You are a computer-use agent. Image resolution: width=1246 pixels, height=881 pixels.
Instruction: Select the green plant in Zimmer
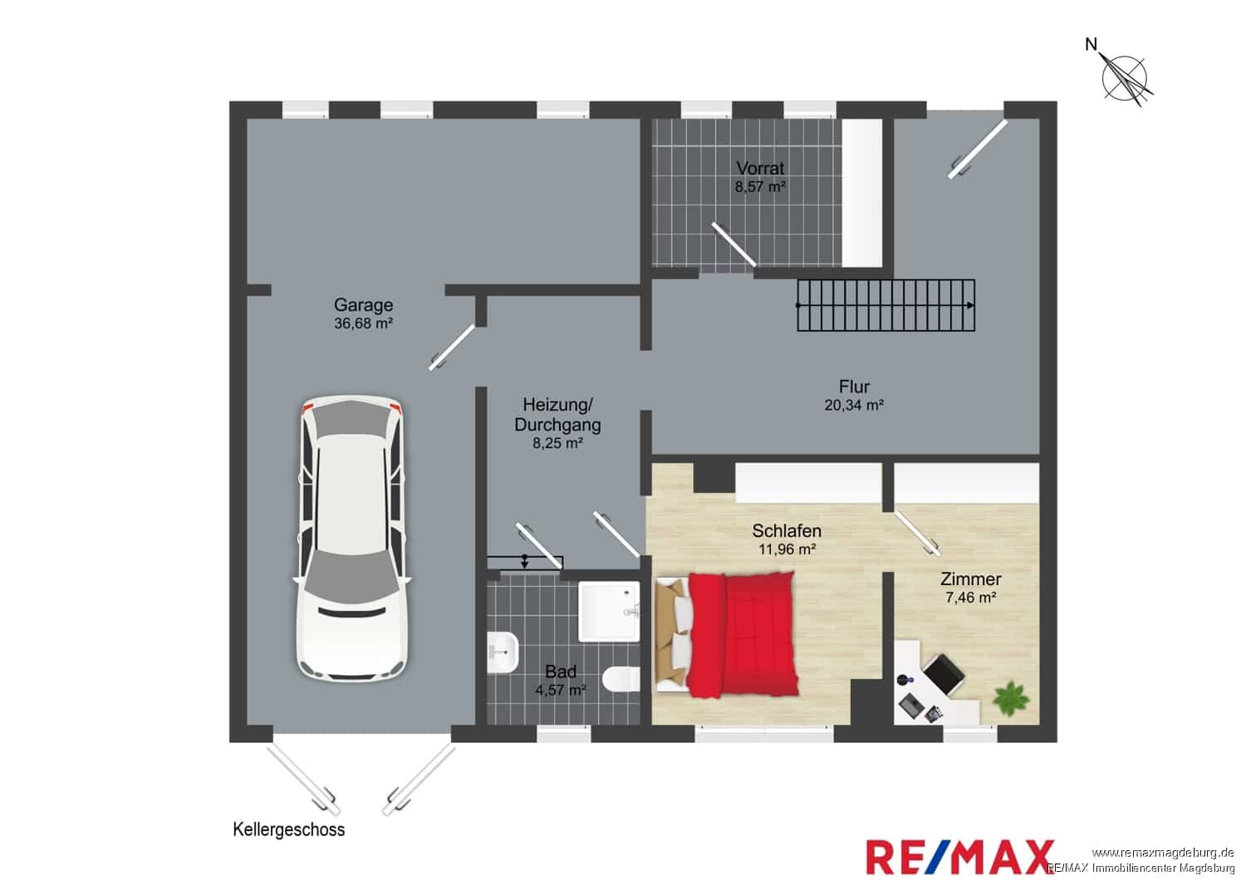tap(1012, 698)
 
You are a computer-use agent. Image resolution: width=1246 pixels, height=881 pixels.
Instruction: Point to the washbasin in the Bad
tap(503, 652)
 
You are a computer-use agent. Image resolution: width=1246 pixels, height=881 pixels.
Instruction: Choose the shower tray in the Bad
tap(609, 612)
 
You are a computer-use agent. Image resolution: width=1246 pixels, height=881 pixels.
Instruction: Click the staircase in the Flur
tap(885, 305)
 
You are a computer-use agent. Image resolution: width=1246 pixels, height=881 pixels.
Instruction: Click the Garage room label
tap(363, 304)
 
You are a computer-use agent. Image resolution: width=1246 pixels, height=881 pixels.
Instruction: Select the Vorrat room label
tap(760, 168)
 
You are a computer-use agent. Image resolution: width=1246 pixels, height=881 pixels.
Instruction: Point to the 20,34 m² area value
tap(854, 405)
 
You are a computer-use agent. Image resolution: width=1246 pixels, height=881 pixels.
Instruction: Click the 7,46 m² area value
tap(971, 597)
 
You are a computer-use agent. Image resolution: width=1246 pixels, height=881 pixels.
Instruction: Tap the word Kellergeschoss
tap(289, 829)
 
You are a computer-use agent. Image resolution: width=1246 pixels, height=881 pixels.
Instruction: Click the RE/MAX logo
tap(959, 857)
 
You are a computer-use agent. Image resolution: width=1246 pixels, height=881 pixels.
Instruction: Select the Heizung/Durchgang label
tap(557, 415)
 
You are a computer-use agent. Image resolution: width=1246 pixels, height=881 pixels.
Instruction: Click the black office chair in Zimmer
tap(944, 674)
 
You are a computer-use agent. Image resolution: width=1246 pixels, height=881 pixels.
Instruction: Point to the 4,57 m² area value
tap(560, 690)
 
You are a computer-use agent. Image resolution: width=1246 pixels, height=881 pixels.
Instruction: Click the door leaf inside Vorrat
tap(733, 244)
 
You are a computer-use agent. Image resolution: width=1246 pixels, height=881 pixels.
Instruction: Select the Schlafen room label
tap(787, 530)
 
